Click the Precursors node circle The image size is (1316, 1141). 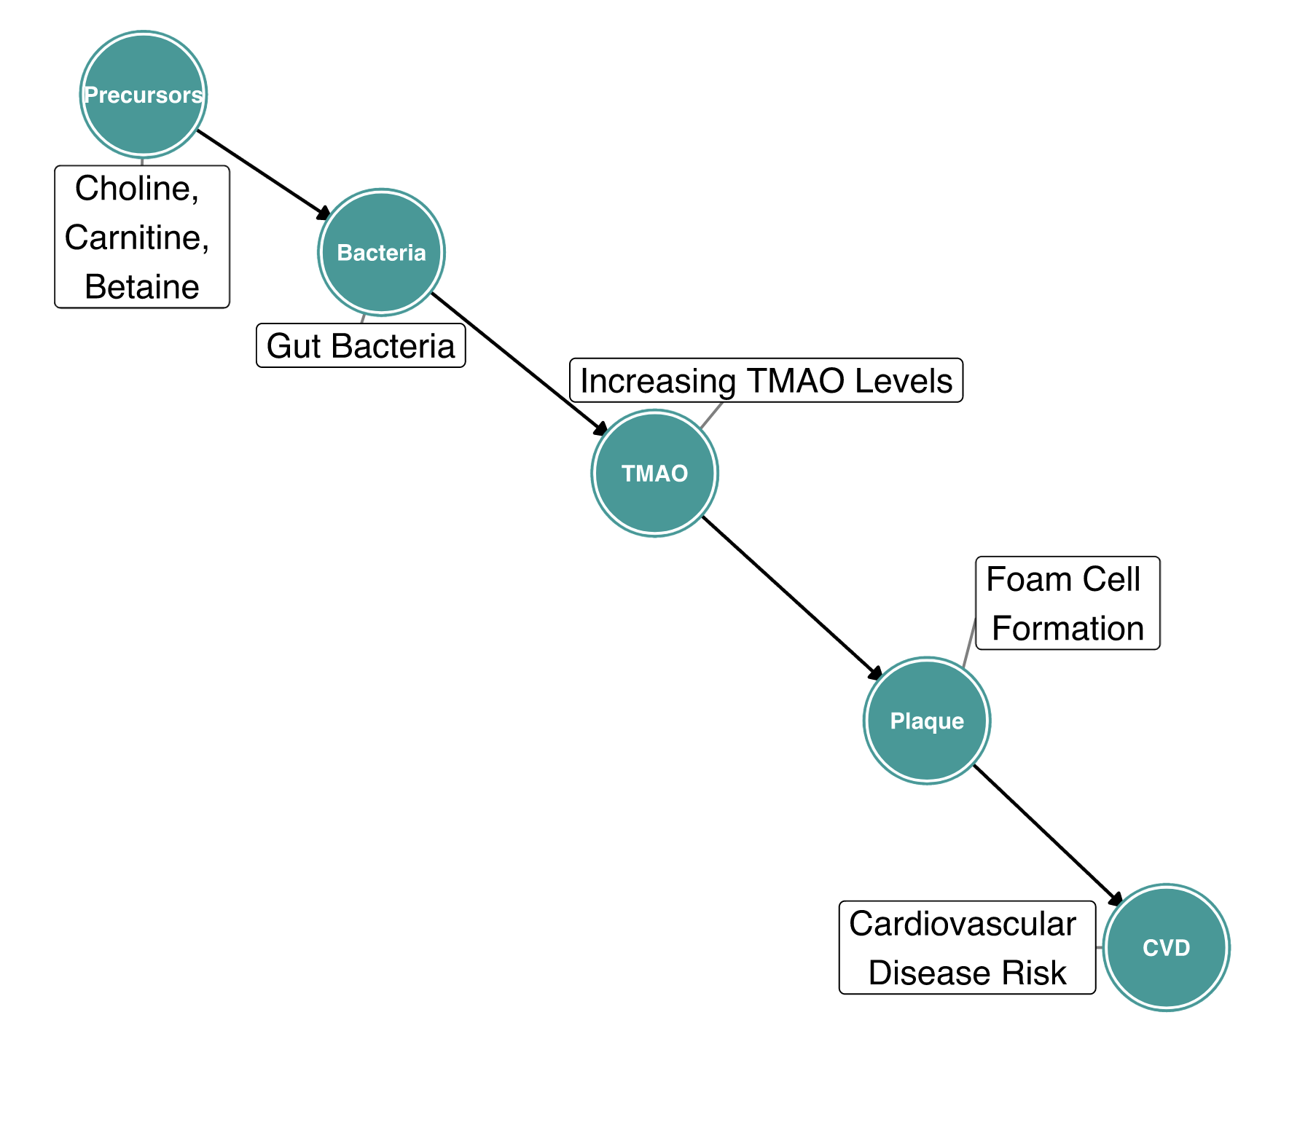pyautogui.click(x=144, y=95)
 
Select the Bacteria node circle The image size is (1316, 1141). pyautogui.click(x=381, y=252)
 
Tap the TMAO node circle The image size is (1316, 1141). pyautogui.click(x=654, y=474)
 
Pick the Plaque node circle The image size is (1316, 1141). pyautogui.click(x=927, y=721)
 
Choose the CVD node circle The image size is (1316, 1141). pyautogui.click(x=1166, y=947)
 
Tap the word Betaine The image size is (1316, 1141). pyautogui.click(x=142, y=287)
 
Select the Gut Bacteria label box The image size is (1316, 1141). pyautogui.click(x=361, y=346)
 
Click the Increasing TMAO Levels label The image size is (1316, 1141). pyautogui.click(x=766, y=380)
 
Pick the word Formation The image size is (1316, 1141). pyautogui.click(x=1068, y=628)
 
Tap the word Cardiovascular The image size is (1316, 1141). pyautogui.click(x=963, y=924)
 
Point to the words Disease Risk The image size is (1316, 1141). pyautogui.click(x=967, y=973)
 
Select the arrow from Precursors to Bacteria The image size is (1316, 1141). pyautogui.click(x=262, y=173)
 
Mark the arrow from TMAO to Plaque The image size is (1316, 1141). pyautogui.click(x=791, y=597)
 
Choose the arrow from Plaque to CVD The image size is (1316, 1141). pyautogui.click(x=1046, y=834)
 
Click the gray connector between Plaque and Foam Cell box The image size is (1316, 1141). pyautogui.click(x=970, y=642)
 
